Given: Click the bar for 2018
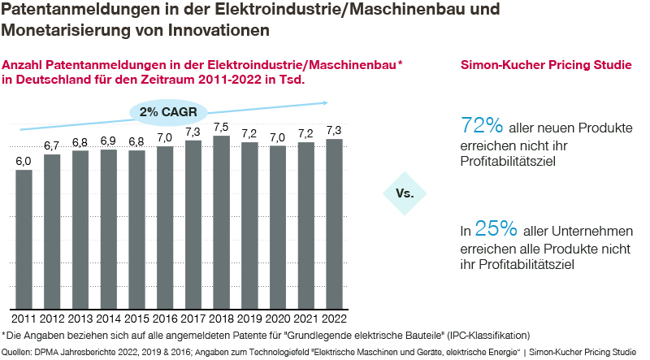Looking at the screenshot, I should pyautogui.click(x=221, y=223).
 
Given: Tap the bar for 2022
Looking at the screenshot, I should pyautogui.click(x=333, y=224).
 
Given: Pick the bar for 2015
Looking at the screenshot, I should pyautogui.click(x=136, y=230).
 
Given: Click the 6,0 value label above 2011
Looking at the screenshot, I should pyautogui.click(x=24, y=161).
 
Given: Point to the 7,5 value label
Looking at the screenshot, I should pyautogui.click(x=221, y=127).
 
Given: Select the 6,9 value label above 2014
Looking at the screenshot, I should pyautogui.click(x=108, y=141).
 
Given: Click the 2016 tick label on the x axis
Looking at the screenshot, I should pyautogui.click(x=165, y=318).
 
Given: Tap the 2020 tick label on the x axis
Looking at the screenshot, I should pyautogui.click(x=277, y=318).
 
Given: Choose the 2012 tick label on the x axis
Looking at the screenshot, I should pyautogui.click(x=52, y=318).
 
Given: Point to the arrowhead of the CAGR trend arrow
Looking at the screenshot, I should pyautogui.click(x=324, y=102).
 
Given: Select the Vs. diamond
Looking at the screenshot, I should pyautogui.click(x=404, y=193).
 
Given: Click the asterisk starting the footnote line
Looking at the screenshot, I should pyautogui.click(x=4, y=334).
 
